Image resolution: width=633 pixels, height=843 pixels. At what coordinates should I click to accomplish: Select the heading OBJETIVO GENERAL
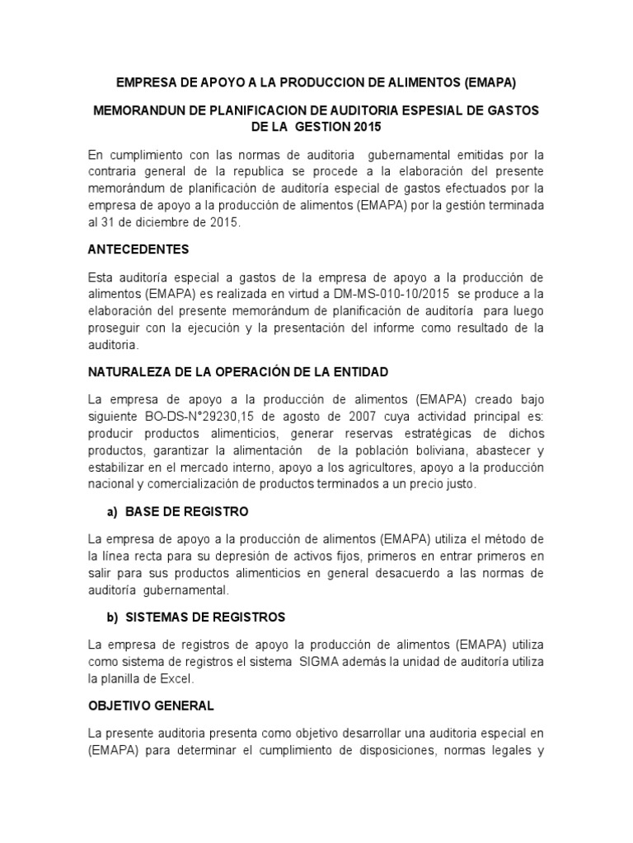click(x=150, y=706)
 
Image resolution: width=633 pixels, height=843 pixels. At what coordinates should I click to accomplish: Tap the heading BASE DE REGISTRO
click(x=187, y=511)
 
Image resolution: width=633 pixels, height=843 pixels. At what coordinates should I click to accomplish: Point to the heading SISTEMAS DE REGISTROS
click(x=205, y=617)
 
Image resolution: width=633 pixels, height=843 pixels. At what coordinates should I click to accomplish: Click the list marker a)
click(x=112, y=511)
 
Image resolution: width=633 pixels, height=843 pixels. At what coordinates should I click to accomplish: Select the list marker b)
click(x=112, y=617)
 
